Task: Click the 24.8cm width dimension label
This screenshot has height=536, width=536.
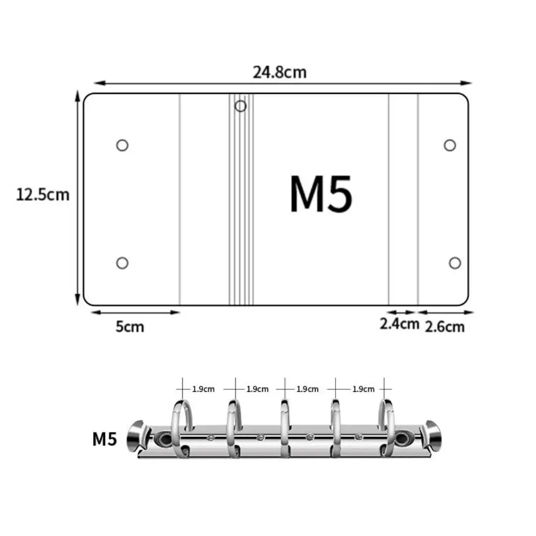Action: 280,72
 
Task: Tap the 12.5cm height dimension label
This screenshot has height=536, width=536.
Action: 43,194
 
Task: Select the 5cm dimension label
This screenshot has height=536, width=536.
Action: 130,326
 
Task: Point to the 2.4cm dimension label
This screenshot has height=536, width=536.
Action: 399,324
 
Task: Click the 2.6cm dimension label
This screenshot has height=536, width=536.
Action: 445,326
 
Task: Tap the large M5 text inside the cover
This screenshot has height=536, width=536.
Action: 321,194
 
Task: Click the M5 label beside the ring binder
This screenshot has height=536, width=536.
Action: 105,440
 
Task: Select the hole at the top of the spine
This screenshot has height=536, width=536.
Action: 241,106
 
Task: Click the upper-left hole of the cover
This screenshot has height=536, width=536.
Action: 122,145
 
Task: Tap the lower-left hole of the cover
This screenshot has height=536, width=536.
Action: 122,263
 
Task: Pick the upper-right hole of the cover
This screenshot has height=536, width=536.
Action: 450,145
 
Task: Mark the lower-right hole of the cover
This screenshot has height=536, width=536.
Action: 455,263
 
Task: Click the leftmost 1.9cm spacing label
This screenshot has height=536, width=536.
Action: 204,389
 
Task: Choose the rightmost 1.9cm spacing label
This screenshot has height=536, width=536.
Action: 363,389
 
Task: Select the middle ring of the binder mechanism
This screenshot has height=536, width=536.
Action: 284,429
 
